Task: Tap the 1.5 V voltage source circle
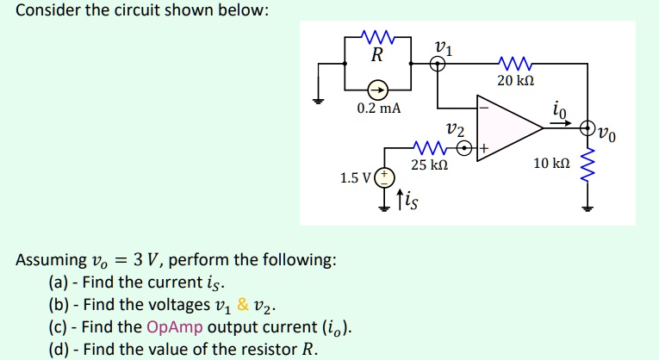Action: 385,178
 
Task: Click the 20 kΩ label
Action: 516,80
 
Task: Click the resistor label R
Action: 376,56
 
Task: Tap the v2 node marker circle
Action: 465,149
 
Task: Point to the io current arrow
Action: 562,123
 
